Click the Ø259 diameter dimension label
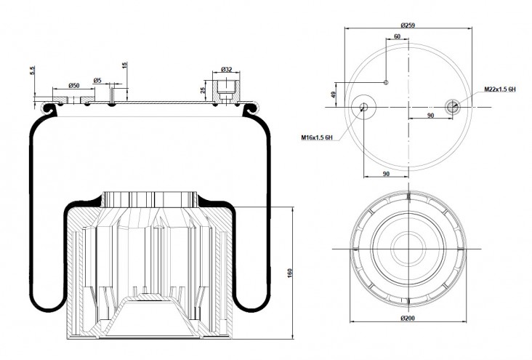pyautogui.click(x=408, y=25)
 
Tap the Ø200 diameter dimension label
pyautogui.click(x=408, y=319)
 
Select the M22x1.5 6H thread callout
pyautogui.click(x=500, y=89)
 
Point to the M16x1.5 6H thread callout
pyautogui.click(x=317, y=137)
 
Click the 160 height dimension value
pyautogui.click(x=290, y=273)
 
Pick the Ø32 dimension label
pyautogui.click(x=226, y=69)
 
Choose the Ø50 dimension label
pyautogui.click(x=73, y=85)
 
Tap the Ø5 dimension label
pyautogui.click(x=97, y=81)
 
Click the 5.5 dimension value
pyautogui.click(x=33, y=71)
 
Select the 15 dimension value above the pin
pyautogui.click(x=124, y=65)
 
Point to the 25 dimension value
pyautogui.click(x=203, y=90)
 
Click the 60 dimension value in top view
pyautogui.click(x=397, y=36)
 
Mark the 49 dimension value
pyautogui.click(x=334, y=95)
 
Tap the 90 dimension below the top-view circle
pyautogui.click(x=386, y=174)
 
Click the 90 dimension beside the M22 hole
pyautogui.click(x=430, y=116)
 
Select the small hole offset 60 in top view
pyautogui.click(x=386, y=82)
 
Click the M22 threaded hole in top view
pyautogui.click(x=452, y=107)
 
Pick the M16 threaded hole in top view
pyautogui.click(x=363, y=107)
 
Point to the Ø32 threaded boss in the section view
pyautogui.click(x=226, y=91)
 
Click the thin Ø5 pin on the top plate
pyautogui.click(x=112, y=96)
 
